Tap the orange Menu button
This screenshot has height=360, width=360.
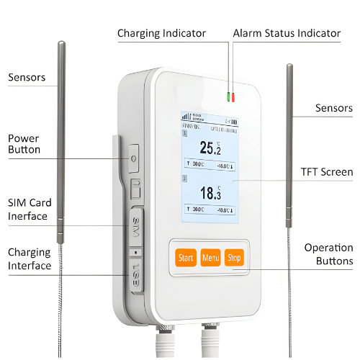(x=210, y=257)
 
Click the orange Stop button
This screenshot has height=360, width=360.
(x=234, y=257)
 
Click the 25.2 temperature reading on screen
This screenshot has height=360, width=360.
(x=210, y=148)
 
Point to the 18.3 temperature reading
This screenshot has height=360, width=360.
(x=210, y=192)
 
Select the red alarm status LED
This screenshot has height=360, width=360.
(x=233, y=96)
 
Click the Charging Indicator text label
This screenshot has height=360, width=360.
(x=161, y=33)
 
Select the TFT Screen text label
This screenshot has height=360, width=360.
(x=326, y=172)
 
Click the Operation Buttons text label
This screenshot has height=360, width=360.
(x=328, y=254)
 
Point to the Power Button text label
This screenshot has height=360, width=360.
(x=24, y=144)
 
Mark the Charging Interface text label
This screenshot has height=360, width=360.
(x=30, y=259)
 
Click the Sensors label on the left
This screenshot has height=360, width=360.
(x=27, y=77)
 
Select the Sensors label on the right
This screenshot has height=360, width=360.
(x=334, y=108)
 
